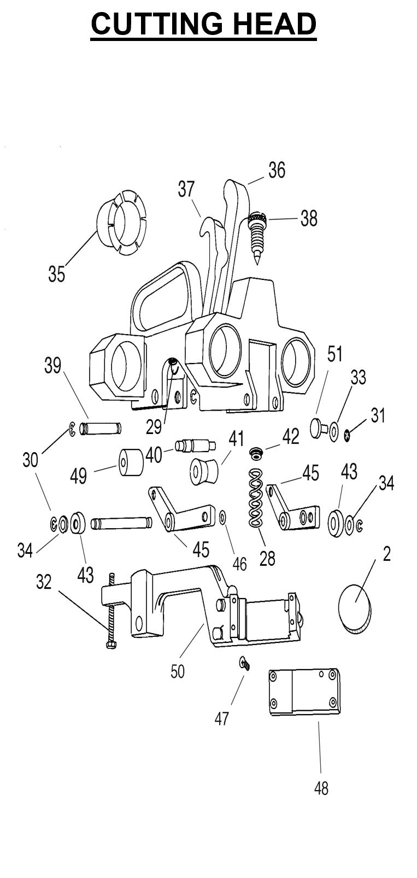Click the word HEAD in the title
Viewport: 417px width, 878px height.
tap(275, 24)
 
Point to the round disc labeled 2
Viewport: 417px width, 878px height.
tap(354, 608)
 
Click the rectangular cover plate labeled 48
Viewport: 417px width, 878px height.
tap(304, 692)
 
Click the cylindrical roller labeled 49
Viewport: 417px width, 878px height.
tap(131, 463)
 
